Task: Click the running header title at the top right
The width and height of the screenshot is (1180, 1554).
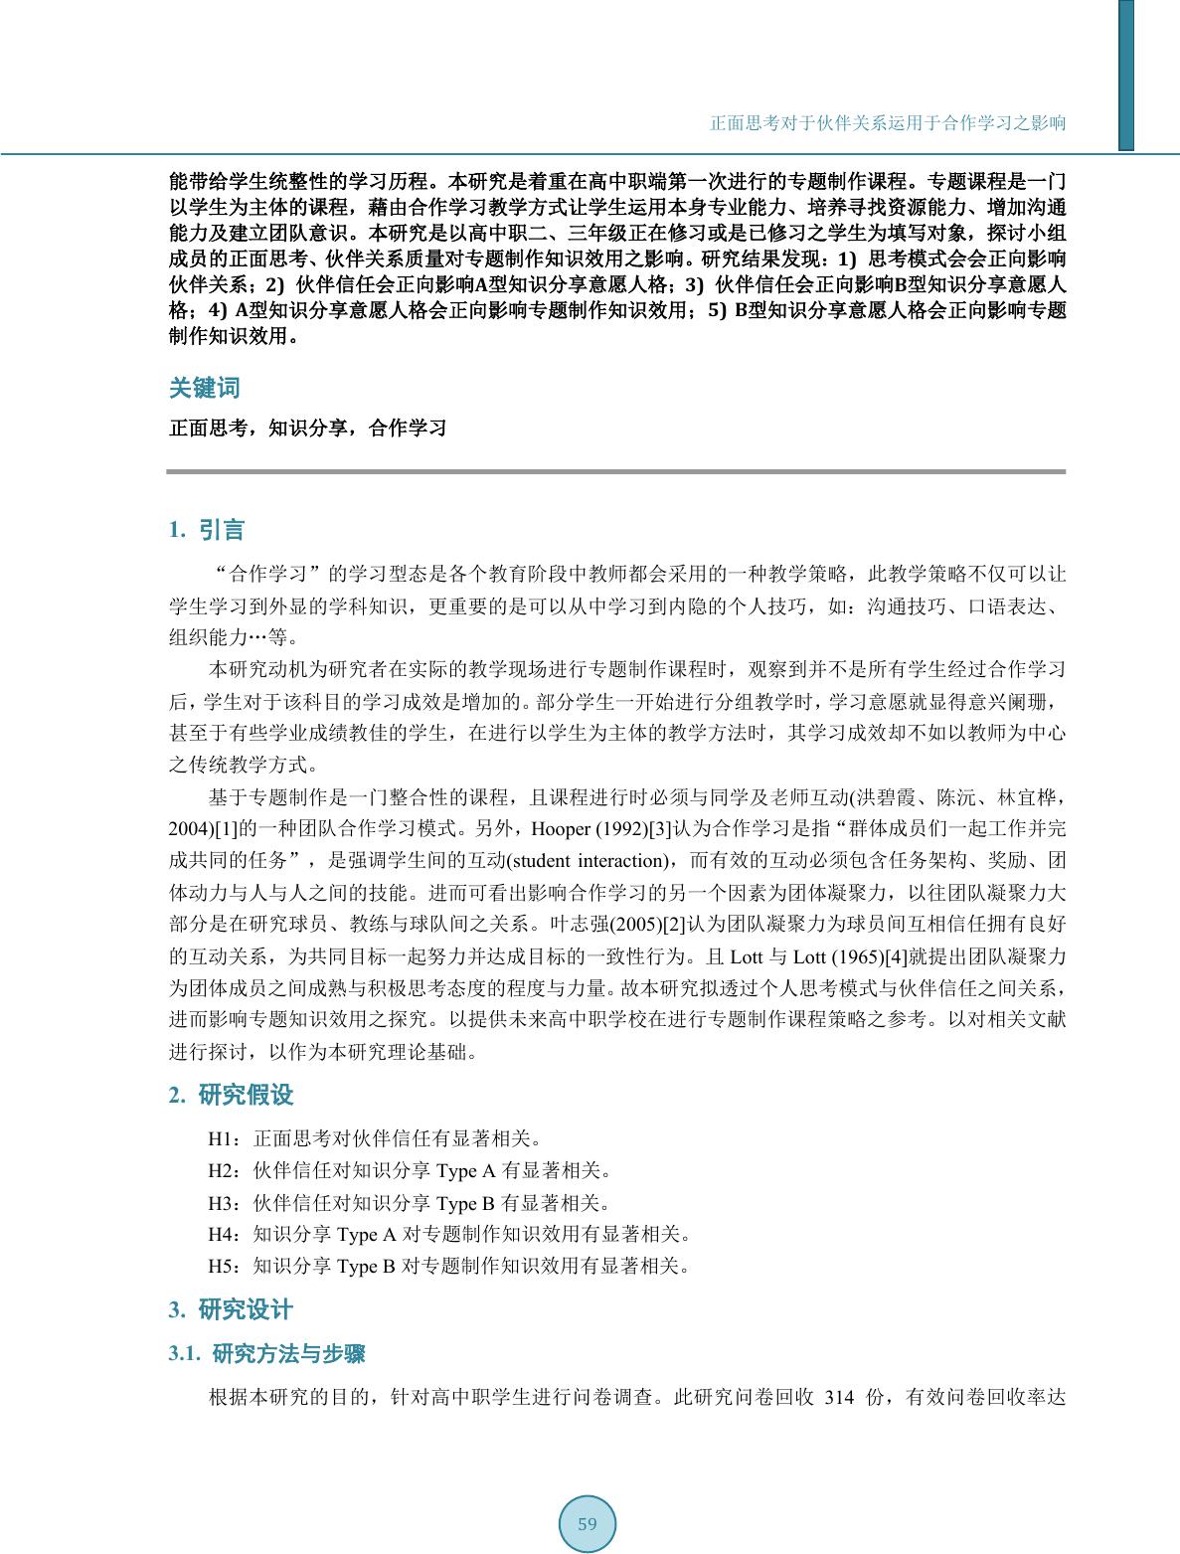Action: point(888,123)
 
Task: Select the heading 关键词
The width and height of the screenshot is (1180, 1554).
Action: point(205,388)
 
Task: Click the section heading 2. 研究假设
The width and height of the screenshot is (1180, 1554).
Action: point(232,1096)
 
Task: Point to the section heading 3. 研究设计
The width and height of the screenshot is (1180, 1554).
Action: point(232,1309)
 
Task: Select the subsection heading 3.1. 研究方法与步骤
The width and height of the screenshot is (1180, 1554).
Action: point(267,1353)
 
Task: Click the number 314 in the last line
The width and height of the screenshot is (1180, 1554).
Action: point(840,1397)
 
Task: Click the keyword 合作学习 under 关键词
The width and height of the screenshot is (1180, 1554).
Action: point(407,429)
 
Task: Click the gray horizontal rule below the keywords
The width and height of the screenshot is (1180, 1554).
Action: point(616,471)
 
